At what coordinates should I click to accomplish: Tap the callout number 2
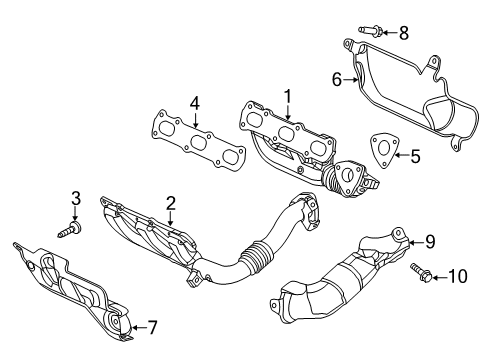click(x=171, y=203)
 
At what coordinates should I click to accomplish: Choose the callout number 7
click(x=153, y=326)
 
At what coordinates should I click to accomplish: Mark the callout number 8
click(x=403, y=33)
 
